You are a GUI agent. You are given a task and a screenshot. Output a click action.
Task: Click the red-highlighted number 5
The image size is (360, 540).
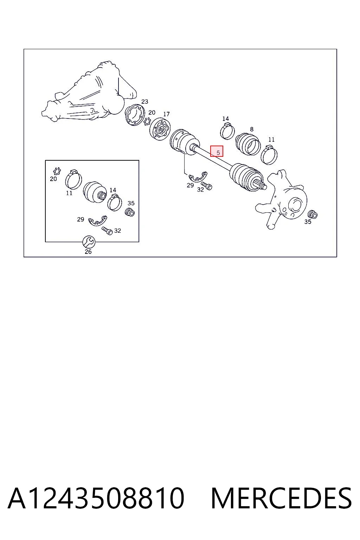point(218,153)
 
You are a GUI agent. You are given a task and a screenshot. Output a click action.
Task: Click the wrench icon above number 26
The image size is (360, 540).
point(89,242)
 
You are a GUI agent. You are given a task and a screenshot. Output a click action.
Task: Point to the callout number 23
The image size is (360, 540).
point(145,102)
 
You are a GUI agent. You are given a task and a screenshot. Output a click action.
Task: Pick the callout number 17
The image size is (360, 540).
point(166,114)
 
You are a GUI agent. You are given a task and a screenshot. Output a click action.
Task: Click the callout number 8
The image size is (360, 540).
point(252,129)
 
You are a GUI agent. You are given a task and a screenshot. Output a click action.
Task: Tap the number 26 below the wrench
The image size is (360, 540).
point(88,252)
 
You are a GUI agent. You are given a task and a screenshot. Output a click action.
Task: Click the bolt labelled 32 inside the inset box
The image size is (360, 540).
point(107,231)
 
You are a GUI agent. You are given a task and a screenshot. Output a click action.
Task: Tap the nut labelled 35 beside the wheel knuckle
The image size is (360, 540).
point(313,214)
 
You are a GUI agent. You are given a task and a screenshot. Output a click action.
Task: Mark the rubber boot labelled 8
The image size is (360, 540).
point(248,144)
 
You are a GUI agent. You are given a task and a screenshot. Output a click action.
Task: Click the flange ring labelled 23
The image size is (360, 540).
point(135,115)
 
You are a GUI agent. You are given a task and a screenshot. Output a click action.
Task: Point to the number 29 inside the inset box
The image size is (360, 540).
point(81,219)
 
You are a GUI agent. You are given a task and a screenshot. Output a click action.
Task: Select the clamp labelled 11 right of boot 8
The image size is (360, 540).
point(269,155)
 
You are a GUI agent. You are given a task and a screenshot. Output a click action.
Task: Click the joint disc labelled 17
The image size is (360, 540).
point(160,129)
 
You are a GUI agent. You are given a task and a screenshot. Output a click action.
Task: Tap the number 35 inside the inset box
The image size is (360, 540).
point(131,203)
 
